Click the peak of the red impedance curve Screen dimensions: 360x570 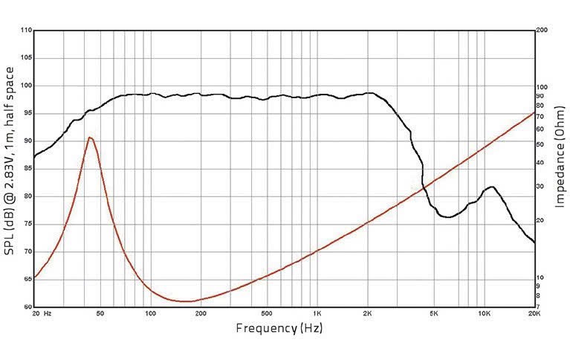coord(89,138)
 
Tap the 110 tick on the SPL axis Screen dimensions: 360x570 coord(26,30)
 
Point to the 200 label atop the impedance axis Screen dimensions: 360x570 coord(542,30)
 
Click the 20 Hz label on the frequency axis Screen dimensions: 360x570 coord(42,314)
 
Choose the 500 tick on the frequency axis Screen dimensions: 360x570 coord(267,314)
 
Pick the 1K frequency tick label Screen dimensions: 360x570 coord(317,314)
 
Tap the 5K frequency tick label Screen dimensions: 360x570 coord(434,314)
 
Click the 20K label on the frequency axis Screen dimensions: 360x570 coord(534,314)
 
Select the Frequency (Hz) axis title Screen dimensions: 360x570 coord(279,328)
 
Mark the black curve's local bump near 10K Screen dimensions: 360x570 coord(490,187)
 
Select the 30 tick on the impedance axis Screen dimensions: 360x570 coord(540,186)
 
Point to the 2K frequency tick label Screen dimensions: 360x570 coord(367,314)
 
